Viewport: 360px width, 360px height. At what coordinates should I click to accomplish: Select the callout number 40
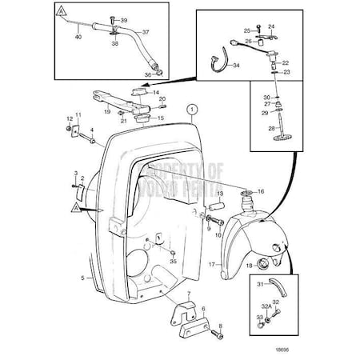click(x=77, y=36)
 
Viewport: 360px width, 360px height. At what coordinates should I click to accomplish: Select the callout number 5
click(x=82, y=278)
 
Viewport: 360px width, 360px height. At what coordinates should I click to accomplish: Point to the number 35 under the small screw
click(x=174, y=262)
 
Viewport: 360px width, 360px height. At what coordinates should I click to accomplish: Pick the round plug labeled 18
click(x=250, y=266)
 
